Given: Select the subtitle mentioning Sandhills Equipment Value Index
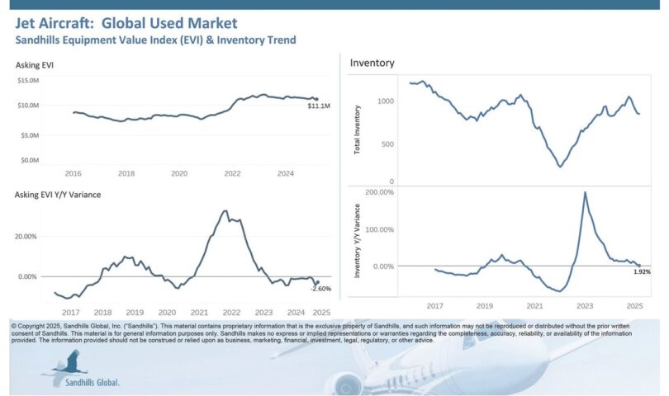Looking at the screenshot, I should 155,40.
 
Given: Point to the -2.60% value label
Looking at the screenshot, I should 321,288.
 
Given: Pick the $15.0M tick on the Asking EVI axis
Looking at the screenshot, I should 29,80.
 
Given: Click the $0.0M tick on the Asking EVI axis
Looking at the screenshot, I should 30,159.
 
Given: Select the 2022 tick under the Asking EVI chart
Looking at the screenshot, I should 232,174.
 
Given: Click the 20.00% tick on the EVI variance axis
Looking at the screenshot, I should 28,236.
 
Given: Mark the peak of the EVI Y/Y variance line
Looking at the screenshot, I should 225,210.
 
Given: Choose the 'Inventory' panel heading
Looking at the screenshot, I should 372,63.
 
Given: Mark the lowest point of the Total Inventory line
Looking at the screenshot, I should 560,167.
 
